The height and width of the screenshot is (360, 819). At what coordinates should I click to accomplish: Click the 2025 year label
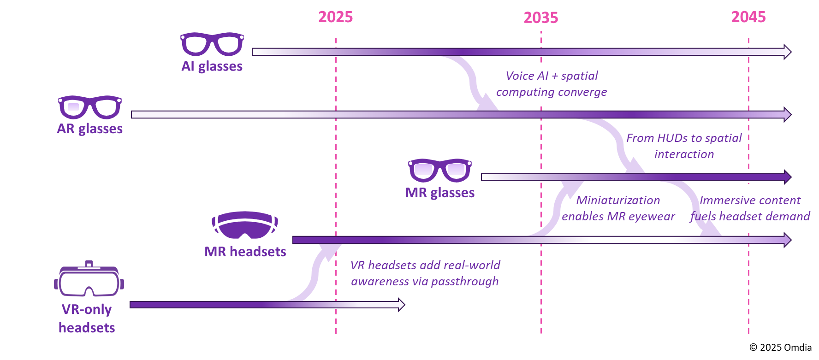(x=335, y=17)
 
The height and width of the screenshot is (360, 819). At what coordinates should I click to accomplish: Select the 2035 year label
(x=540, y=18)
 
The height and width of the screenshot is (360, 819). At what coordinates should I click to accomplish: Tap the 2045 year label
(x=748, y=17)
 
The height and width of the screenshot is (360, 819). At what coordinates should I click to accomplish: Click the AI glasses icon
(x=212, y=44)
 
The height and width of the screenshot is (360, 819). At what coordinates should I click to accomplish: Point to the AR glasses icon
(x=90, y=107)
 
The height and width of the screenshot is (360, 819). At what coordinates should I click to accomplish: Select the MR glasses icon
(x=439, y=170)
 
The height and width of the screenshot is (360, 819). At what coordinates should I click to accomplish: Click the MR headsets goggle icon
(x=245, y=225)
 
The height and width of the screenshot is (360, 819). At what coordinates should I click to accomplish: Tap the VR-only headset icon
(x=89, y=279)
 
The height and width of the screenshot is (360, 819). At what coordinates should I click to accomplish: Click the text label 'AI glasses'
(x=212, y=66)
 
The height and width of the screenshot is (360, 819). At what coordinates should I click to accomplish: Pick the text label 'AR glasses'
(x=90, y=129)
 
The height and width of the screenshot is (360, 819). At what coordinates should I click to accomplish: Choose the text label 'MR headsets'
(x=245, y=252)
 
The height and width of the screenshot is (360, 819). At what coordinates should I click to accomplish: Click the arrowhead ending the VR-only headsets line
(x=401, y=304)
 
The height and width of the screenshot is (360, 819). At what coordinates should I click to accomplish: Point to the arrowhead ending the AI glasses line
(x=787, y=52)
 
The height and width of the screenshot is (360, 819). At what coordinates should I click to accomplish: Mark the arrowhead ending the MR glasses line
(x=788, y=177)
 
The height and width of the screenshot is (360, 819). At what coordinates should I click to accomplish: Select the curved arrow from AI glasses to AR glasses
(x=473, y=83)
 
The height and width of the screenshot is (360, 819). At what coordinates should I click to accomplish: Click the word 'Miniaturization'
(x=618, y=201)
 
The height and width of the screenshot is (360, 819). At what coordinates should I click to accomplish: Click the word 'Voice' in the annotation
(x=520, y=76)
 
